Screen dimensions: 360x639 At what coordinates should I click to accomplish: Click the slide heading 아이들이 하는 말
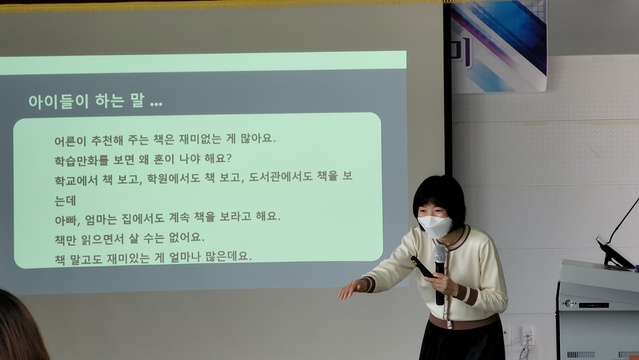point(95,102)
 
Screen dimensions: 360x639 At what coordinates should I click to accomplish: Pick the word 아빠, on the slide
point(69,217)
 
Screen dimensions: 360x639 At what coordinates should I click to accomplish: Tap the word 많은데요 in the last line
point(227,256)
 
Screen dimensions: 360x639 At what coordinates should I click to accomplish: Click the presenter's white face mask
point(435,226)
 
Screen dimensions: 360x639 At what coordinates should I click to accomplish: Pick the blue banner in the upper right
point(499,45)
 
